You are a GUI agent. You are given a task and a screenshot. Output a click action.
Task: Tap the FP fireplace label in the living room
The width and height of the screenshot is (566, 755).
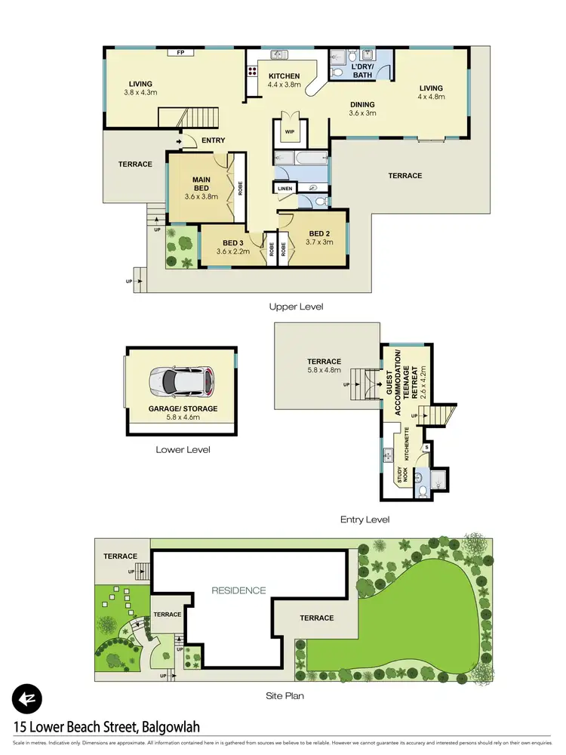coord(180,53)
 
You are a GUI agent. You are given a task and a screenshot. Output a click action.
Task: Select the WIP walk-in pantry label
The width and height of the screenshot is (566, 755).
coord(289,131)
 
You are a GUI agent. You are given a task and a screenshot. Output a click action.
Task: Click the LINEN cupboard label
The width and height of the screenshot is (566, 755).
coord(285,188)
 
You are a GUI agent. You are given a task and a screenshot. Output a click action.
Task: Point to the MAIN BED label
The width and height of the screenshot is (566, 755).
coord(201,183)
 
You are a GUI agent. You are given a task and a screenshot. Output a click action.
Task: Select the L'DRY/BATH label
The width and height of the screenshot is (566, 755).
coord(352,72)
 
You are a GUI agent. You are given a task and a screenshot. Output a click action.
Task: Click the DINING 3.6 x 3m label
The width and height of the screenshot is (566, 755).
coord(362,109)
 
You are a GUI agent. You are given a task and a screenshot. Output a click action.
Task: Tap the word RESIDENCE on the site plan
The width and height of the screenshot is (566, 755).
coord(238,590)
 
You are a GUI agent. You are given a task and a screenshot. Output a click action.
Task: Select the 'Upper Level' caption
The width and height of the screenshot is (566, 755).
coord(296,307)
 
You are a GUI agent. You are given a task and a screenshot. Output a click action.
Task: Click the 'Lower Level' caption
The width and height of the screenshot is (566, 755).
coord(183,449)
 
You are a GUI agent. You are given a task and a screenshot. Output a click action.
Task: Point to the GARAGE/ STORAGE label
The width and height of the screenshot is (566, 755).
coord(182,408)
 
